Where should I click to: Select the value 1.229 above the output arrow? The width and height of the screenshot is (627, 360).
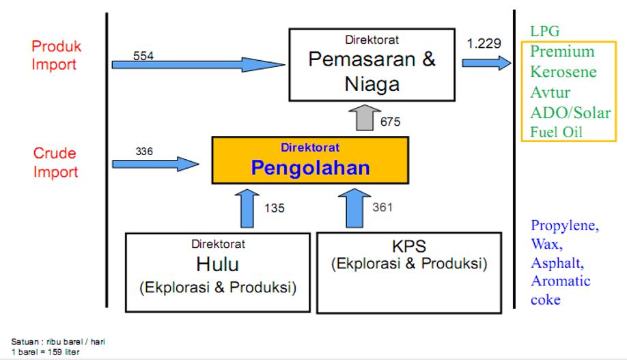(x=484, y=44)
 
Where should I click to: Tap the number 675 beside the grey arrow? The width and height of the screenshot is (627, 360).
(x=390, y=122)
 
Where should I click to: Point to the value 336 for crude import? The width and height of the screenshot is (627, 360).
(x=145, y=151)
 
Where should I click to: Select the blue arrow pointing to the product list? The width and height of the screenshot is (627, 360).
(x=486, y=63)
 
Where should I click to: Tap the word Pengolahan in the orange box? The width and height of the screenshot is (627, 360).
(x=310, y=168)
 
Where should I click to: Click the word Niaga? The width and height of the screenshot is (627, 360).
(x=372, y=84)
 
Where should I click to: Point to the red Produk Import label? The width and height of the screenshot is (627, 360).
(x=56, y=55)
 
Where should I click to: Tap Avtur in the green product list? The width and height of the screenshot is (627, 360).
(x=550, y=92)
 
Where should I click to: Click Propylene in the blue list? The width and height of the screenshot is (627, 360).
(x=564, y=226)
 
